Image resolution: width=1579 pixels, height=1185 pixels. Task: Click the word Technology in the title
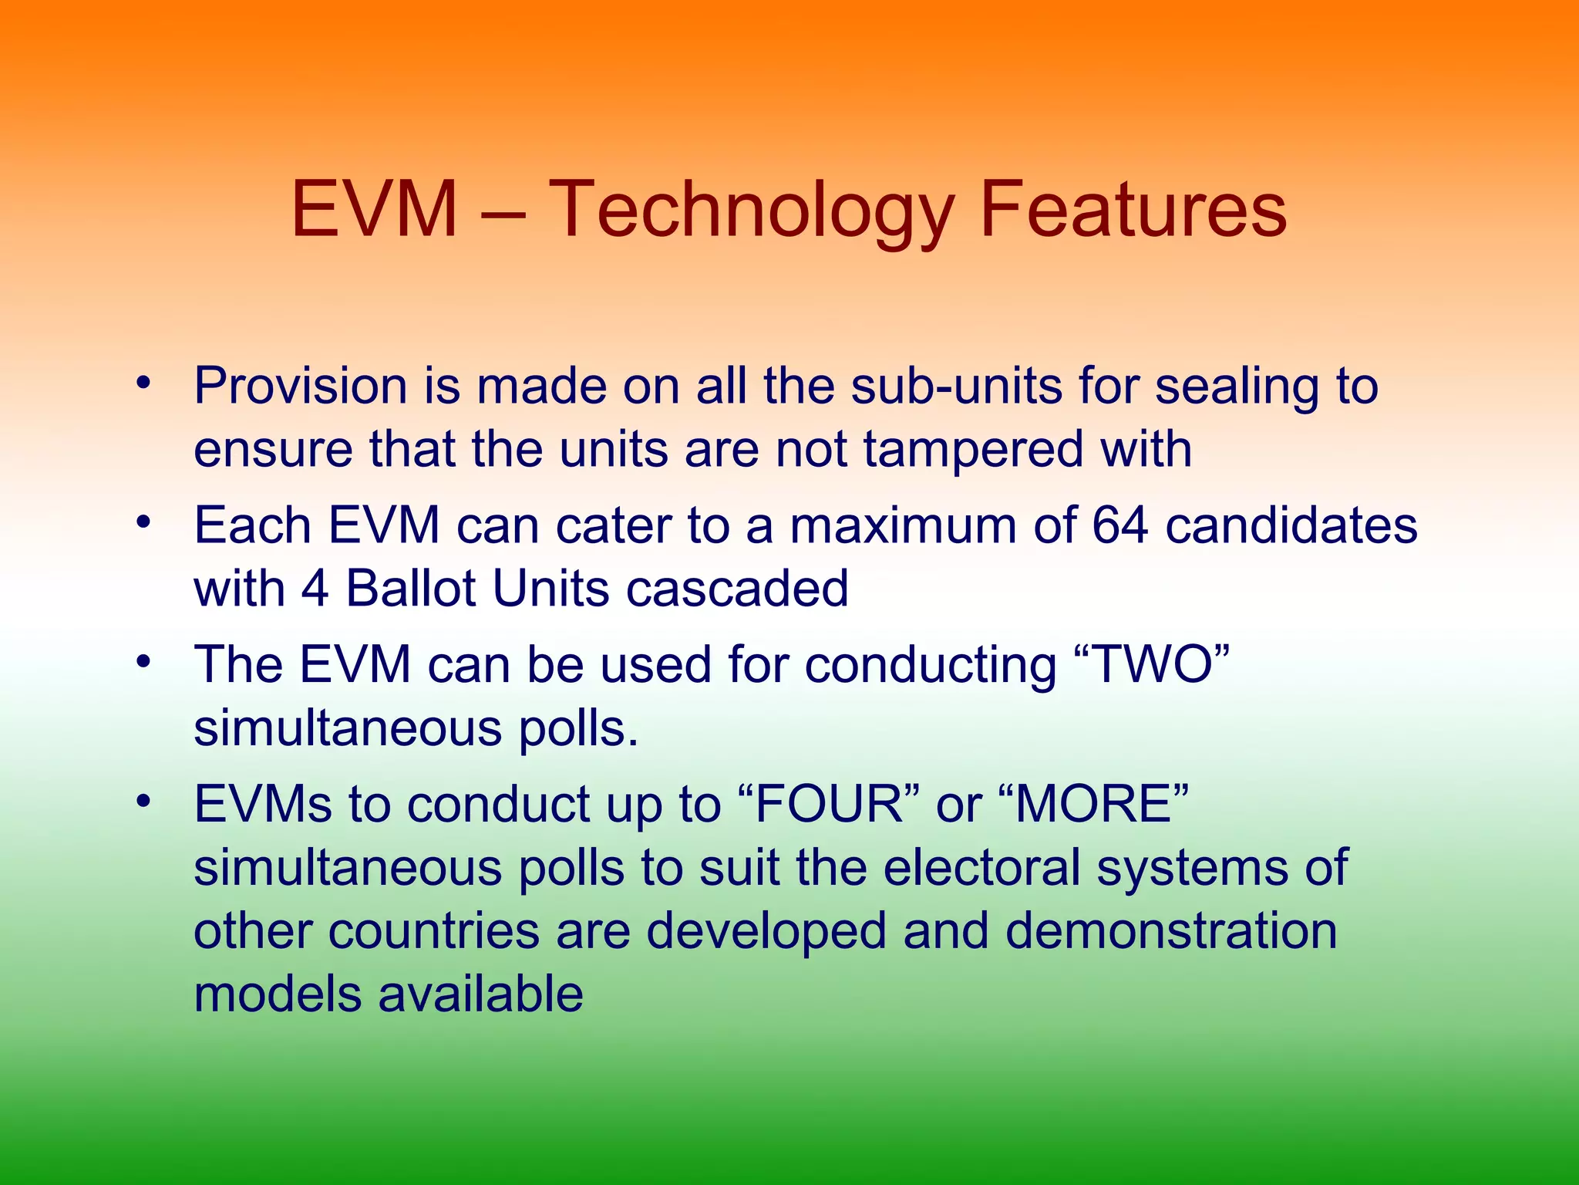(x=752, y=210)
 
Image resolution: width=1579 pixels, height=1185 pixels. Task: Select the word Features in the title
(x=1133, y=210)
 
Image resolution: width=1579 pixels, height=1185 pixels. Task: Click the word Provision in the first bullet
(x=300, y=386)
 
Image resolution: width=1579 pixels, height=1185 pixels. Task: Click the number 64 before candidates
(x=1120, y=525)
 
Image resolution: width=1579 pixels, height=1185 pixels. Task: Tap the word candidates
(x=1291, y=525)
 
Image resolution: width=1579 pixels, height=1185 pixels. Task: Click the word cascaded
(x=736, y=589)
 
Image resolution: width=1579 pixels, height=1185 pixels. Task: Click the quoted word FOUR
(x=828, y=805)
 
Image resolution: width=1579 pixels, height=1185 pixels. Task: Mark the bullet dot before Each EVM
(x=142, y=524)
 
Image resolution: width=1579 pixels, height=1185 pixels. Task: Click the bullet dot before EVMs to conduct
(x=142, y=802)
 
